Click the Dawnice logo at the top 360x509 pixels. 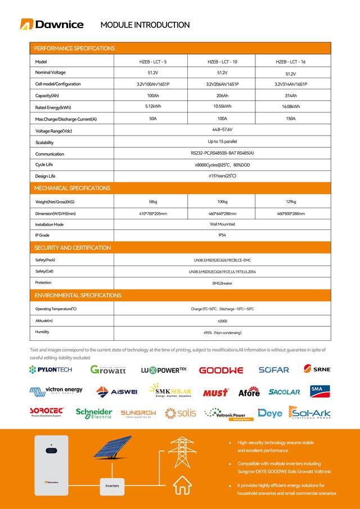52,24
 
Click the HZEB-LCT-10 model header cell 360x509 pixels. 222,62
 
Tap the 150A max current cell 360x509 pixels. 290,119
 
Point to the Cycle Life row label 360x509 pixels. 44,164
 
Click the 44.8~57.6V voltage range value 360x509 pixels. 222,130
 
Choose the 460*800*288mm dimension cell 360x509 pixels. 290,214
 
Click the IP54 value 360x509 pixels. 222,235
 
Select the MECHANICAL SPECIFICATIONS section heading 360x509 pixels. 73,188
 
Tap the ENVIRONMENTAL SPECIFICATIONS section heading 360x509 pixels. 78,295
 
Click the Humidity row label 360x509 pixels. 42,332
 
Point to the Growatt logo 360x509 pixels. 108,370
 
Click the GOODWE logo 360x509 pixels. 221,370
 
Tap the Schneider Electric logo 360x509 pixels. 94,413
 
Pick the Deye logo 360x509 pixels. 269,413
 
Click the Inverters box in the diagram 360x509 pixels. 112,485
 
